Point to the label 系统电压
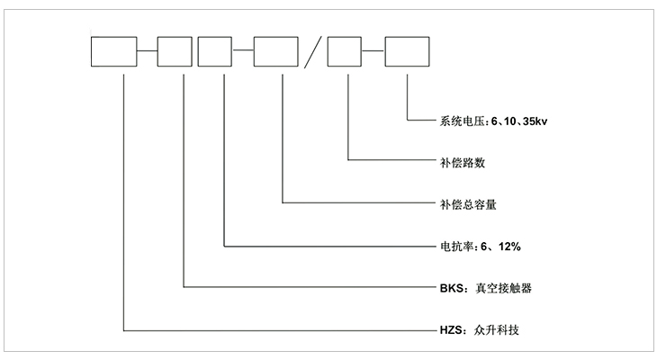pos(459,121)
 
